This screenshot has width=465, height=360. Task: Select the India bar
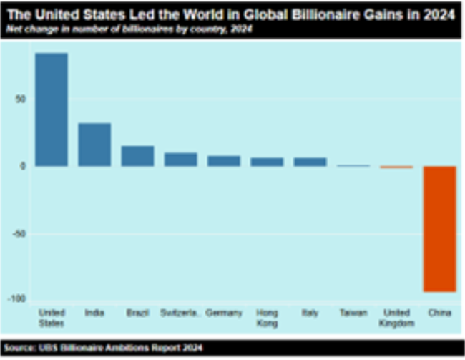click(94, 145)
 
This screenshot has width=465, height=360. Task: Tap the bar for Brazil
click(137, 156)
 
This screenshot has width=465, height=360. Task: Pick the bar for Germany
click(224, 161)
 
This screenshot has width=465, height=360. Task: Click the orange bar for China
click(439, 229)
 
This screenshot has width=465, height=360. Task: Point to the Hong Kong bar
click(267, 162)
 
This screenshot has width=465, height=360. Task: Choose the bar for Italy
click(310, 162)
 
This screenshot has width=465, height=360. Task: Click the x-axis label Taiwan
click(353, 313)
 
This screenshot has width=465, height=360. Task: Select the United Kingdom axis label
click(396, 318)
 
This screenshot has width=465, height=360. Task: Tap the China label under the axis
click(439, 313)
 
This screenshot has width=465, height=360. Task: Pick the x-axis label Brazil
click(137, 313)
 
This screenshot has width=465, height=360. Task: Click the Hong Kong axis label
click(267, 318)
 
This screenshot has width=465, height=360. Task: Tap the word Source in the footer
click(21, 348)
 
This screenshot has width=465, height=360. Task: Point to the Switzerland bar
click(180, 160)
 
